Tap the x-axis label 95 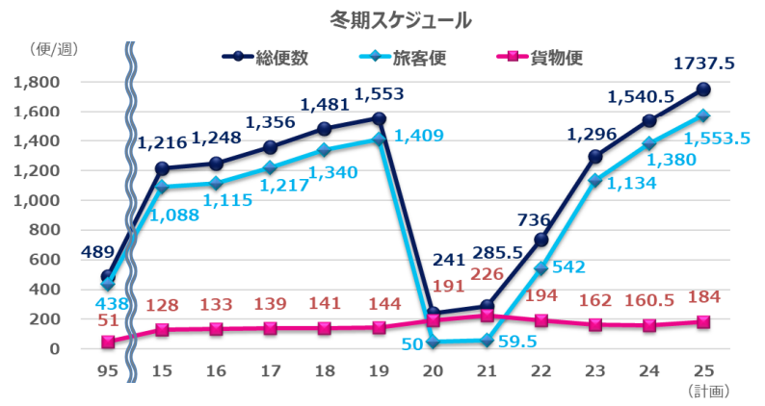[x=107, y=369]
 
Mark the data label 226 [x=488, y=276]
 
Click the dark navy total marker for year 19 [x=379, y=119]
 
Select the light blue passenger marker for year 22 [x=541, y=268]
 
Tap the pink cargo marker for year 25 [x=703, y=321]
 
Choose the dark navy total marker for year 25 [x=703, y=89]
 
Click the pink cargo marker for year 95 [x=107, y=342]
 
